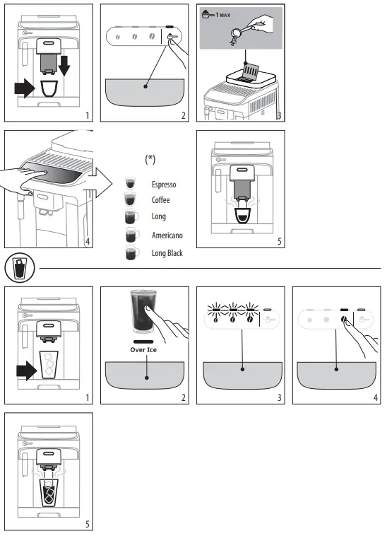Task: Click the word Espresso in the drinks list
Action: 164,185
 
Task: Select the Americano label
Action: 167,233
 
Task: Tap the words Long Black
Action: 168,252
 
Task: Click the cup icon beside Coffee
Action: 129,200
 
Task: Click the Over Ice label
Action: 147,349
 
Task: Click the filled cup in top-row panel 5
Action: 241,218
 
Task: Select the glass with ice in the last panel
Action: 49,492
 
